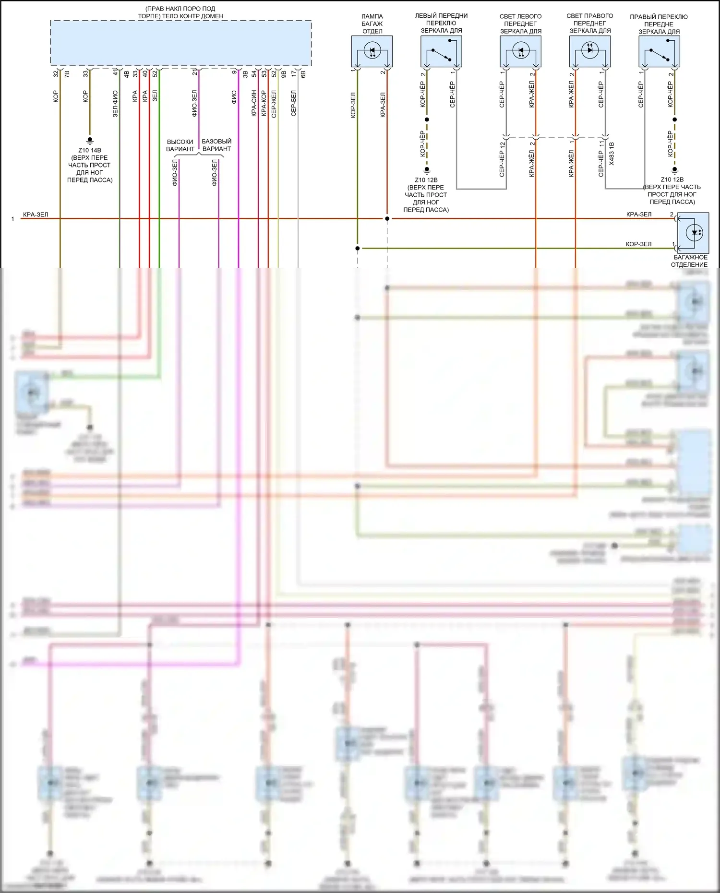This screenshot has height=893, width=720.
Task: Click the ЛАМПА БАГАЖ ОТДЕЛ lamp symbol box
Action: [x=372, y=51]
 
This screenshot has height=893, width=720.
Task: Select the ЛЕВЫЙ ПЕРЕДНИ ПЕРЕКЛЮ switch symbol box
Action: [x=441, y=51]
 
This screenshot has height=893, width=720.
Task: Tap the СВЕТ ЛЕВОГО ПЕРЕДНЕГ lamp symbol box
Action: [x=520, y=51]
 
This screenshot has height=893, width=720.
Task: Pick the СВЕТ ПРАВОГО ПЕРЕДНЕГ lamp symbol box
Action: [x=590, y=51]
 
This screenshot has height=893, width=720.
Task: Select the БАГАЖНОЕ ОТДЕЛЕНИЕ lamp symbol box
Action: [x=692, y=233]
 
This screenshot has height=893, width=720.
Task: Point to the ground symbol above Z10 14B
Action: [x=90, y=141]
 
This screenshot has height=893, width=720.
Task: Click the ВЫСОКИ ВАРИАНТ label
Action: [x=180, y=145]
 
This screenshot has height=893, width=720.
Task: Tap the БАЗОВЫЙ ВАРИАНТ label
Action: [x=216, y=145]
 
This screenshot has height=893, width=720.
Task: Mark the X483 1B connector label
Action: [x=612, y=154]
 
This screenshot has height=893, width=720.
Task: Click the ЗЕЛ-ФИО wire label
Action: [x=115, y=104]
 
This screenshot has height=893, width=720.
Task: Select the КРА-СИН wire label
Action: [x=254, y=103]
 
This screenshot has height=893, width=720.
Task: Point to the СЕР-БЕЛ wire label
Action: [x=294, y=103]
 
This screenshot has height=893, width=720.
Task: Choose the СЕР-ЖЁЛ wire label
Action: [x=274, y=104]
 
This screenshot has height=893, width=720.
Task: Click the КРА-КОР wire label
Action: [x=264, y=103]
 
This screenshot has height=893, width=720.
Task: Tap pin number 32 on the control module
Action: [x=56, y=74]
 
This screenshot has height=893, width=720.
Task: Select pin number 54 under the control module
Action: [x=254, y=74]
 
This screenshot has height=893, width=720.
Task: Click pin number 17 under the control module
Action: [x=294, y=74]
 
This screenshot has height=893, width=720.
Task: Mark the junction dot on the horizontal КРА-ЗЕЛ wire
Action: [x=387, y=219]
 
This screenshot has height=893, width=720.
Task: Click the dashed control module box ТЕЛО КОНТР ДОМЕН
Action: [x=181, y=43]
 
